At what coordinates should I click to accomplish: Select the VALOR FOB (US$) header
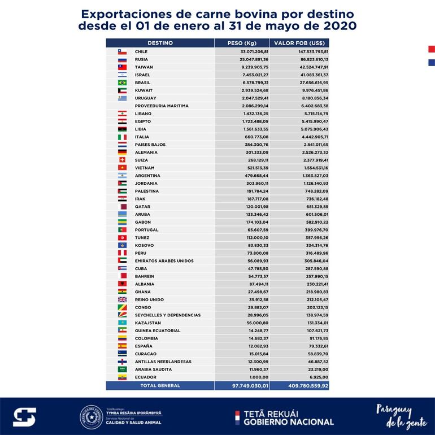tap(301, 43)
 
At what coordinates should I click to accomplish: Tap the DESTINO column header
tap(160, 43)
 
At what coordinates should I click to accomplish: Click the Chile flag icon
tap(122, 51)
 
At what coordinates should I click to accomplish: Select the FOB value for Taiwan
tap(310, 67)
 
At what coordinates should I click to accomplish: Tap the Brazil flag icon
tap(122, 82)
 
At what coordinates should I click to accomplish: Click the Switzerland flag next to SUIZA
tap(122, 160)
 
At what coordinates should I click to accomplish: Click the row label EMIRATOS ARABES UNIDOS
tap(164, 261)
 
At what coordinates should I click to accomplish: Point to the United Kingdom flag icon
tap(122, 299)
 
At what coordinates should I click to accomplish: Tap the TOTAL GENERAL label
tap(160, 385)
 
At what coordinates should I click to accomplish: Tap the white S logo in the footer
tap(24, 417)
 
